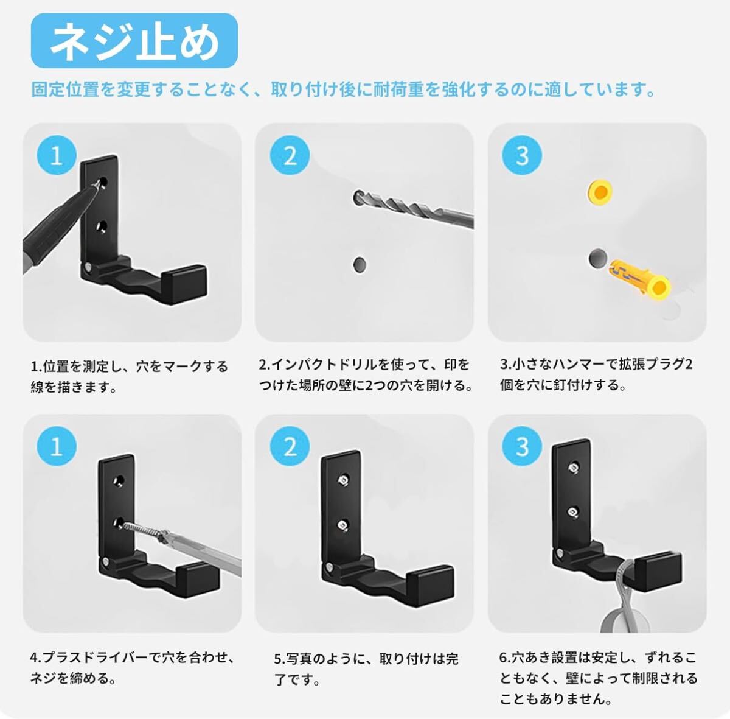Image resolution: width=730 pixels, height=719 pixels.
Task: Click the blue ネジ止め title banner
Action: click(134, 41)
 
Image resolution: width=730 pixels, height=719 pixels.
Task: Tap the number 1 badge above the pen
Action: click(57, 155)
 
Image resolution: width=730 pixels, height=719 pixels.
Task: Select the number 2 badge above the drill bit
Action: click(290, 155)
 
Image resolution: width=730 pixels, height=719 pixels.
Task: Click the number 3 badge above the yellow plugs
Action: click(522, 155)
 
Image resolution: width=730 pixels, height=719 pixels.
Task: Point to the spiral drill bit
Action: click(414, 209)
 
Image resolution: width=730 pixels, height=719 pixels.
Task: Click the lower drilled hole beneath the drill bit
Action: click(359, 264)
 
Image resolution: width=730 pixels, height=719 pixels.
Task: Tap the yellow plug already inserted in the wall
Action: click(600, 192)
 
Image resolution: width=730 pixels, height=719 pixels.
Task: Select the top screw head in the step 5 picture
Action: click(344, 480)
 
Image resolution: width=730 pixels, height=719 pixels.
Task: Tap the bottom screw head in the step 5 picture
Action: click(344, 525)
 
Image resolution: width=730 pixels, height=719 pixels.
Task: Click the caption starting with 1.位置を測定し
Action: click(129, 377)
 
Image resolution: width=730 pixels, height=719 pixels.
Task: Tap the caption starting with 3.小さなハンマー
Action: click(596, 374)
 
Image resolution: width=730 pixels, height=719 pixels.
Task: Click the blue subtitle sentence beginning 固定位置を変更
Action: click(343, 90)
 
